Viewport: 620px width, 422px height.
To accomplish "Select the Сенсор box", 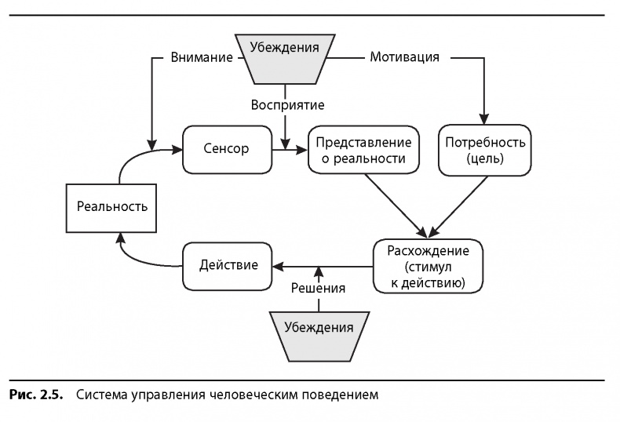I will pyautogui.click(x=227, y=149).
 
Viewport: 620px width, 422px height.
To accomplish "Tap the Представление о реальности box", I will pyautogui.click(x=363, y=149).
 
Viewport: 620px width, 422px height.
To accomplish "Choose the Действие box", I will pyautogui.click(x=227, y=265).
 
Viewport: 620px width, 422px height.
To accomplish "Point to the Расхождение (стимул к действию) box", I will pyautogui.click(x=428, y=265).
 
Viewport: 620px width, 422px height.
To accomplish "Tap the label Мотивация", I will pyautogui.click(x=403, y=57).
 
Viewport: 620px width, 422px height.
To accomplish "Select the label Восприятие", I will pyautogui.click(x=287, y=104).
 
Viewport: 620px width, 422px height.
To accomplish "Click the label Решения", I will pyautogui.click(x=318, y=288).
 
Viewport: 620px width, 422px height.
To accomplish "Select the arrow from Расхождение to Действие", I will pyautogui.click(x=322, y=265).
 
